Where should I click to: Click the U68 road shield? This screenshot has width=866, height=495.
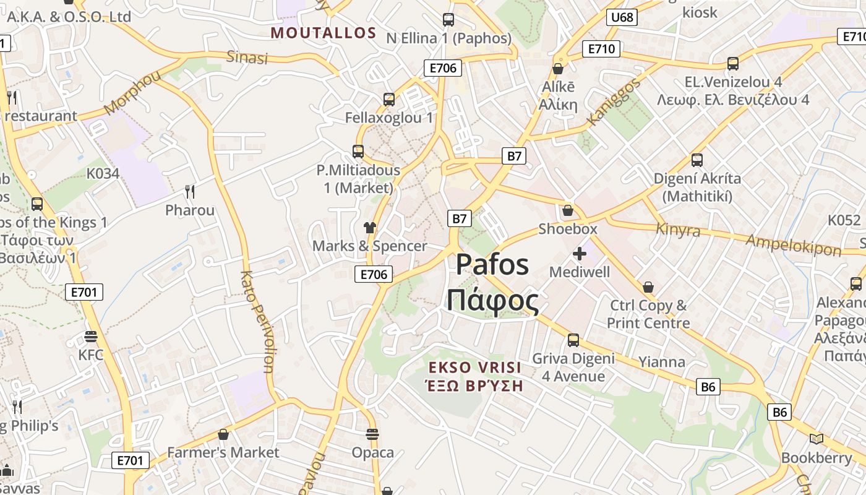[622, 17]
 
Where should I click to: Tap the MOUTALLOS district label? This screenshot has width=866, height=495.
[324, 33]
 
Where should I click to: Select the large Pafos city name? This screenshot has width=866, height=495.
[492, 265]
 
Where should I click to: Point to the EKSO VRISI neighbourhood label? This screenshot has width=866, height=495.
[475, 368]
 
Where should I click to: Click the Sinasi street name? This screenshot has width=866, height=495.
[247, 58]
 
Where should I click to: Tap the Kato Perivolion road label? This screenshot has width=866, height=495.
[259, 322]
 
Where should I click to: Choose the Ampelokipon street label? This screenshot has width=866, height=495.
[794, 244]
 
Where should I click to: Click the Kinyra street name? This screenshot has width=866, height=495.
[679, 230]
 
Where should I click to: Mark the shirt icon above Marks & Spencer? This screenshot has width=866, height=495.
[370, 228]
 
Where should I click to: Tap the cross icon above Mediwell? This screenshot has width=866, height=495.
[580, 254]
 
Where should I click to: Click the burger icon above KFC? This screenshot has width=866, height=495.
[91, 337]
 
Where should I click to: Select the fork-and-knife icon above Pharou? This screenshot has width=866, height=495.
[190, 192]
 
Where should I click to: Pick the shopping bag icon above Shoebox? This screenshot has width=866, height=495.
[568, 210]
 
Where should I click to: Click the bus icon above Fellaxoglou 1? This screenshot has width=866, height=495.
[389, 99]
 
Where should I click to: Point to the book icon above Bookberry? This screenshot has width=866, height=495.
[817, 439]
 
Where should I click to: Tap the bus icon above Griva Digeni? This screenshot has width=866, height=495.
[573, 340]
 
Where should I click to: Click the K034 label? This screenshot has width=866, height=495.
[103, 173]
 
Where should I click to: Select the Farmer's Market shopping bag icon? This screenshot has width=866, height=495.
[223, 434]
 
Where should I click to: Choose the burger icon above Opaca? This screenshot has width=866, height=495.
[372, 434]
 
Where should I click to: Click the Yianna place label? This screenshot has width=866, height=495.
[662, 362]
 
